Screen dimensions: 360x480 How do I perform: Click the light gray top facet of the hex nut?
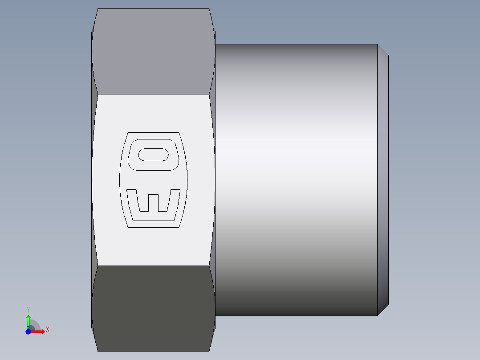click(154, 51)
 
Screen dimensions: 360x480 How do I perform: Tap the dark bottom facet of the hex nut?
click(154, 307)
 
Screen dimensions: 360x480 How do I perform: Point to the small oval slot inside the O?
click(153, 155)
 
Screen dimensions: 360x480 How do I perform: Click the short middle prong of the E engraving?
click(153, 202)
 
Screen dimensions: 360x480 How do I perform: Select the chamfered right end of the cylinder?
click(383, 178)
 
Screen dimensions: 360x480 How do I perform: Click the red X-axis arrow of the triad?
click(39, 331)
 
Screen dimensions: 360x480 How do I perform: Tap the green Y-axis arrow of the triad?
click(28, 320)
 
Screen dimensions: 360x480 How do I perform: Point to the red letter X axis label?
click(47, 330)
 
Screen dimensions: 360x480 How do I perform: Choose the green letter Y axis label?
click(28, 310)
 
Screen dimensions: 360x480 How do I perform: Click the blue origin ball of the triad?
click(28, 331)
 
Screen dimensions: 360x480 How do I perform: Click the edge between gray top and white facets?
click(154, 94)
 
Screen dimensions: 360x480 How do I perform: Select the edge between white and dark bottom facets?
click(154, 266)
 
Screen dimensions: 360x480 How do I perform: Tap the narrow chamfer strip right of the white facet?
click(212, 178)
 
